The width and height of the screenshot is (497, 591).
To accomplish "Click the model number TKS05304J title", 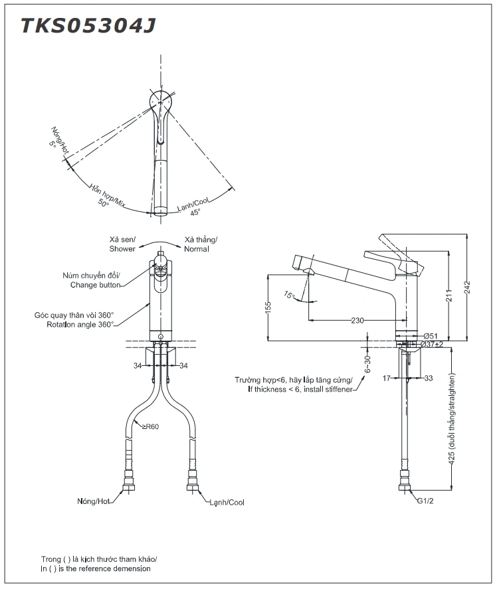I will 89,25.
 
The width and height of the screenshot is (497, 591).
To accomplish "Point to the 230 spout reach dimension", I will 357,321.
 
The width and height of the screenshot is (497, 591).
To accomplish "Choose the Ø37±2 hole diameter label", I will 432,344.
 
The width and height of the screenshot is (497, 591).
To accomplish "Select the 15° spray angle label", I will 288,294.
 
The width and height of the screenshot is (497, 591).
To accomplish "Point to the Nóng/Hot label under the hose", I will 93,501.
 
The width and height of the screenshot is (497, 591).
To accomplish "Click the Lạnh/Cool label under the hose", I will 227,502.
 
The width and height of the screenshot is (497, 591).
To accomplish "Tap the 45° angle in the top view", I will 195,212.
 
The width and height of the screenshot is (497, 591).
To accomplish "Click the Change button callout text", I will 96,285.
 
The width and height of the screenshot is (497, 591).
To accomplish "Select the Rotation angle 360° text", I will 80,324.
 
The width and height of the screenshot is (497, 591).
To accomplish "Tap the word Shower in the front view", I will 122,249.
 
